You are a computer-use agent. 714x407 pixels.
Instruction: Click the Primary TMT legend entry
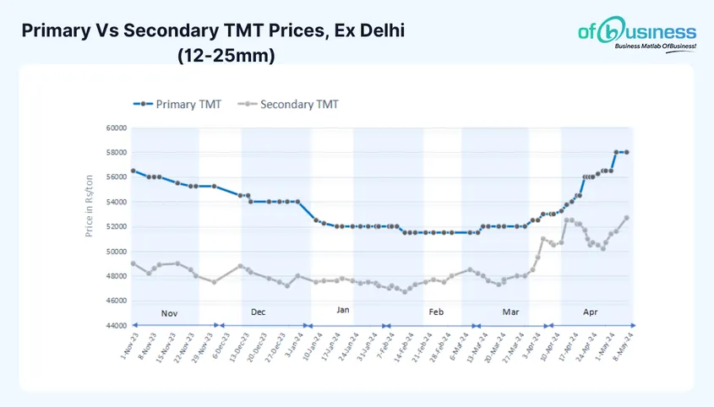tap(177, 104)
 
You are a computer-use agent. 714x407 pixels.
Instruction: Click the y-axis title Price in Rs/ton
tap(89, 205)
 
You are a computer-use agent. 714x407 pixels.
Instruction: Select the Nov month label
tap(169, 313)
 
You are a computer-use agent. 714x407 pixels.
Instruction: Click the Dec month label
tap(259, 312)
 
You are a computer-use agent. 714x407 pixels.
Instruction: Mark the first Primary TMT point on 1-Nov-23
tap(133, 171)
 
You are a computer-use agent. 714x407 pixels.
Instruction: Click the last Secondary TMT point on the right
tap(626, 217)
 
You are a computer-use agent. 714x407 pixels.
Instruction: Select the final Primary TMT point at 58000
tap(626, 152)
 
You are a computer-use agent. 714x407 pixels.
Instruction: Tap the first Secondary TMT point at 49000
tap(133, 263)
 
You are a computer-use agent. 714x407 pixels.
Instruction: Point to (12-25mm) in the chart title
tap(226, 56)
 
